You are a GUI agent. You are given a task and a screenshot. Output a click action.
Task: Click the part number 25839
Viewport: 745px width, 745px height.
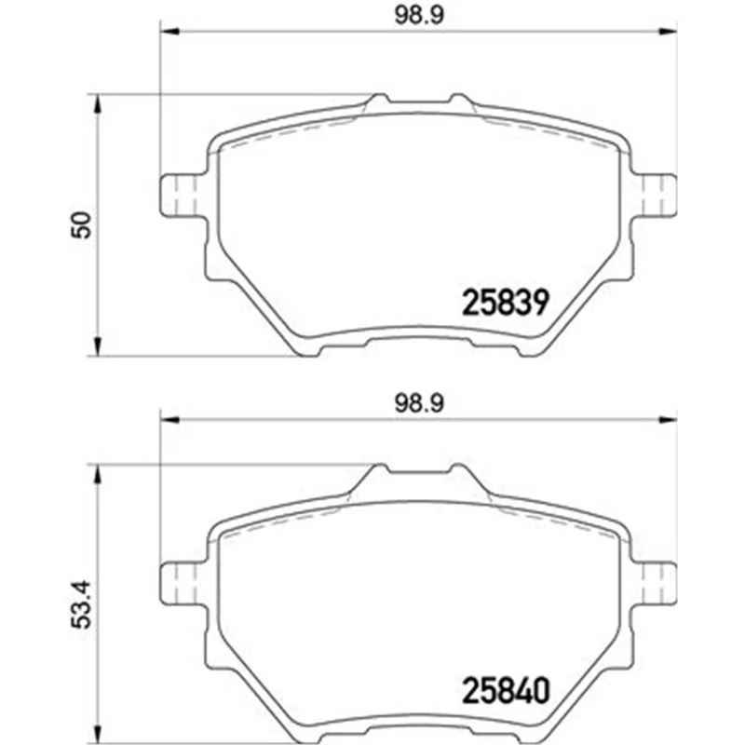pos(506,302)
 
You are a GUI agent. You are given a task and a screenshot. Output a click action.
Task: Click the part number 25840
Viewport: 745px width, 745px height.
pos(506,690)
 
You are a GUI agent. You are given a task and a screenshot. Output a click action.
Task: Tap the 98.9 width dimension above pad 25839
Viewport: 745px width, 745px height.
pos(419,15)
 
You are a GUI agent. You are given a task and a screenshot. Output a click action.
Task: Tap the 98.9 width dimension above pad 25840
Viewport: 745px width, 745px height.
pos(419,403)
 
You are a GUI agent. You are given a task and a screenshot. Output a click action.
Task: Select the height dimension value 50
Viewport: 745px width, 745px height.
pos(81,224)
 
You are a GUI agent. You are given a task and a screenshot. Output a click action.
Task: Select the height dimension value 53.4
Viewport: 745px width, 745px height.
pos(81,604)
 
